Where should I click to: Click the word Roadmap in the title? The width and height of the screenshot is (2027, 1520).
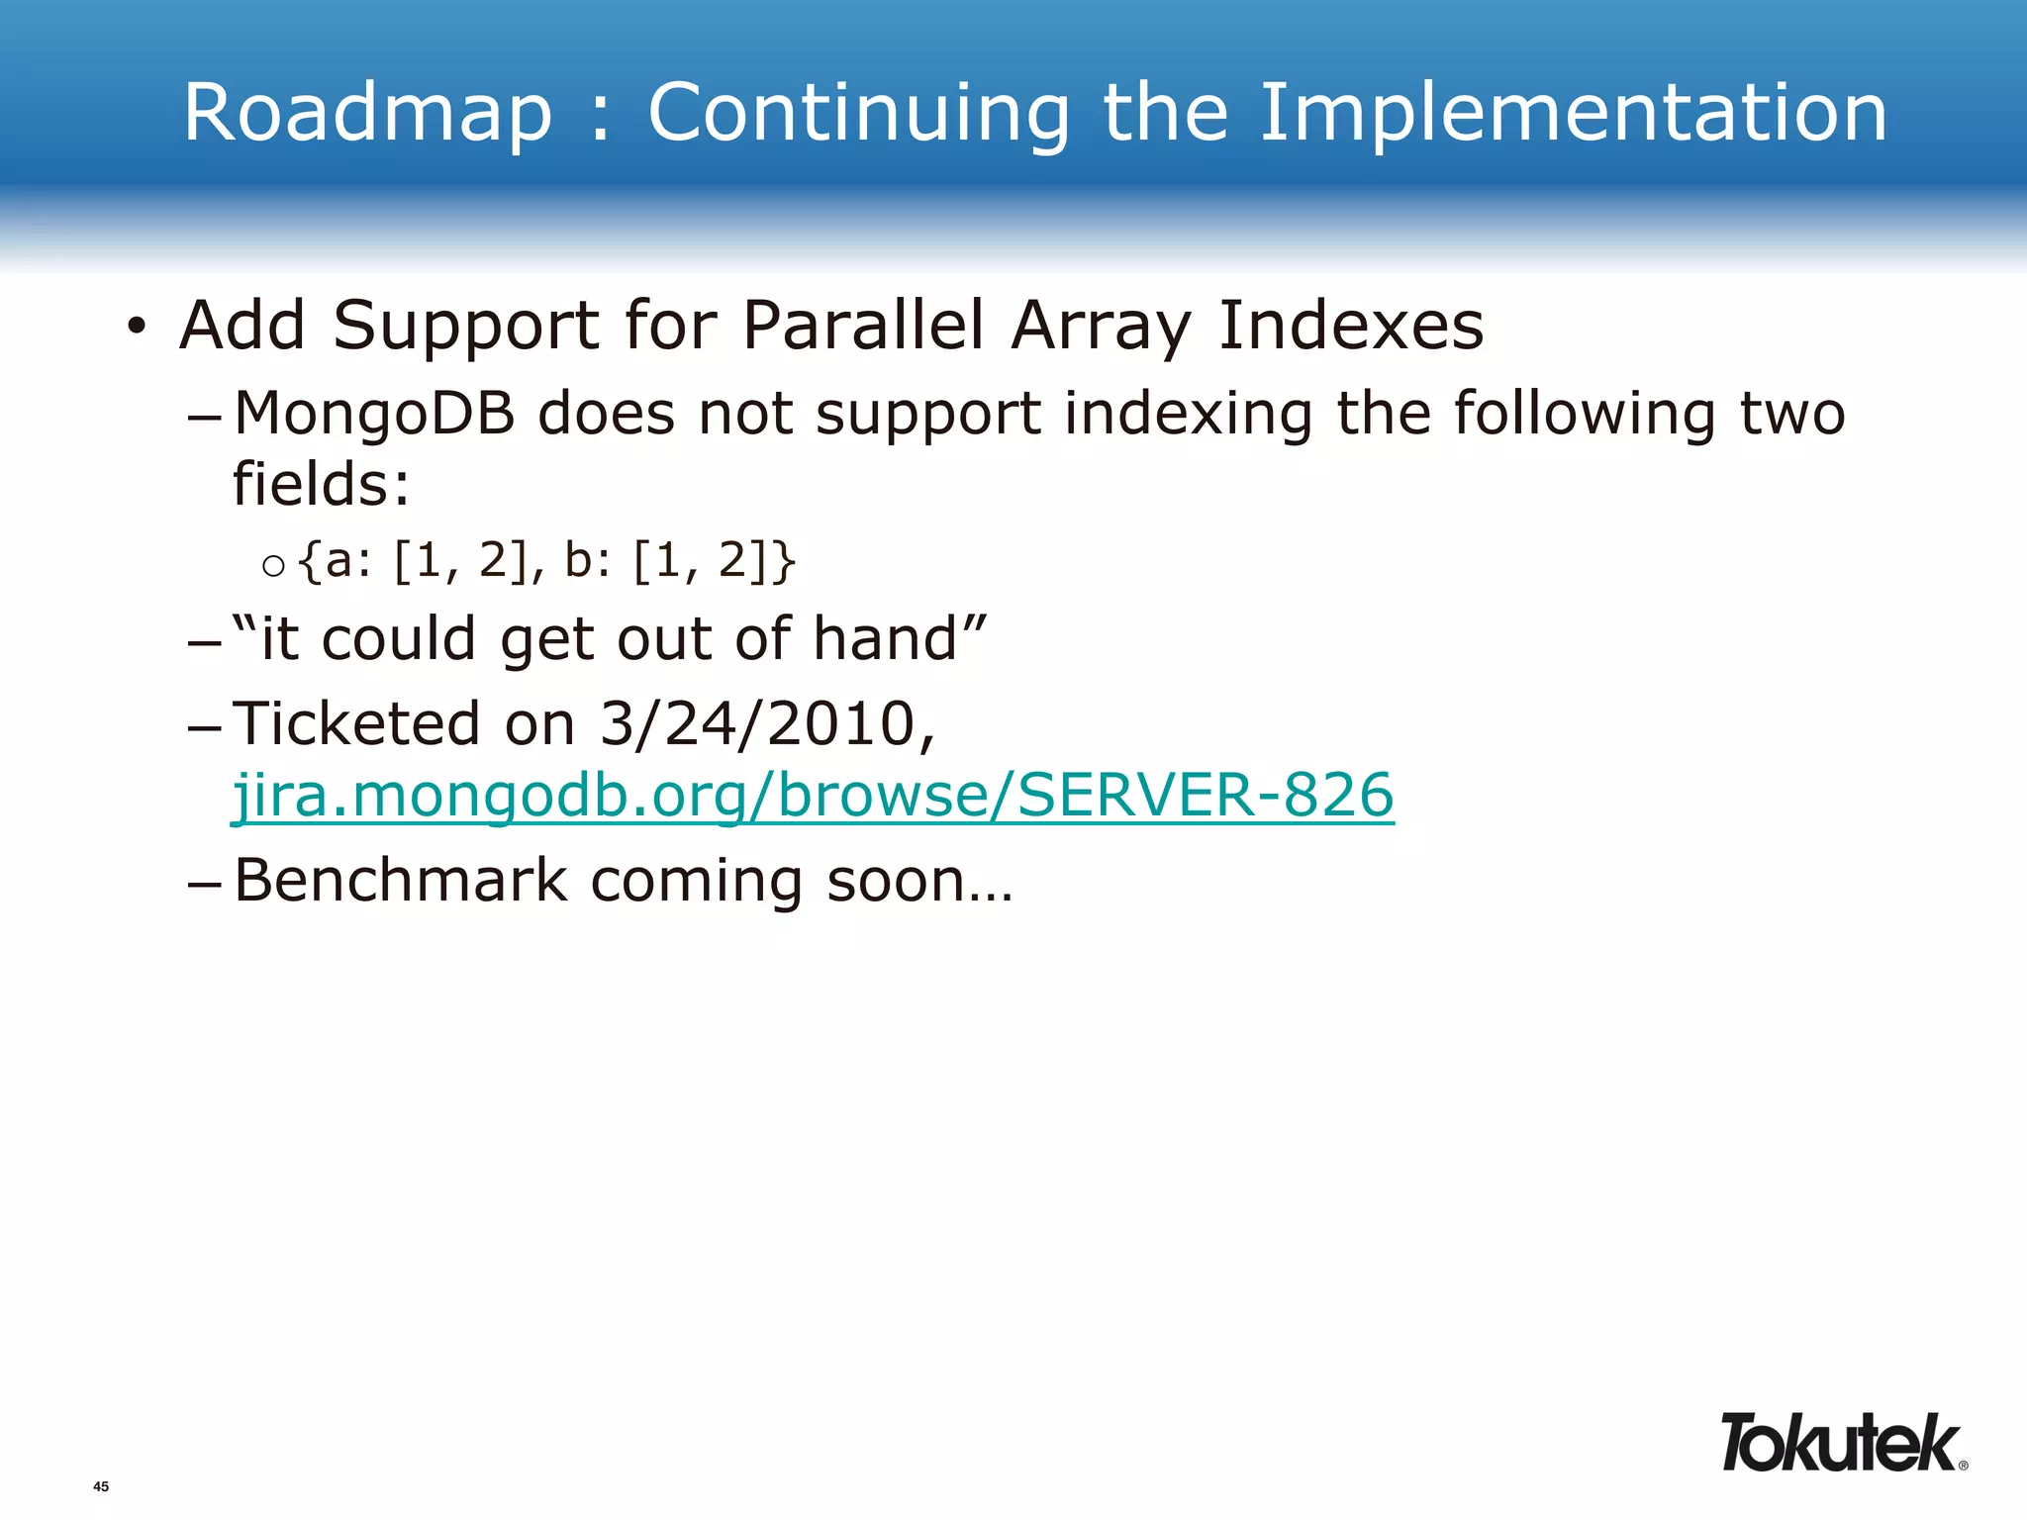367,114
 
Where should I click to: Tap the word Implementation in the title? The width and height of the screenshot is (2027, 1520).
1573,114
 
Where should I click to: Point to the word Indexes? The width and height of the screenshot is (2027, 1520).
1350,326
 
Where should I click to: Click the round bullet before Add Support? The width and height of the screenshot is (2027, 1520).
137,327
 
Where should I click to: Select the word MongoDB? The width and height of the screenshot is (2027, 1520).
374,414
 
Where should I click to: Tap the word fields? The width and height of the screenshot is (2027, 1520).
321,484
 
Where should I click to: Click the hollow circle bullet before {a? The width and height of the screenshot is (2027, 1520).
274,566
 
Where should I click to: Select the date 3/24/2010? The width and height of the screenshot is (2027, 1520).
767,723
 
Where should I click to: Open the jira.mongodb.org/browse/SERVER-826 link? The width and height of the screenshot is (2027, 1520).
813,796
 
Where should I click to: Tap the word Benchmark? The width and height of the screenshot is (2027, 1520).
401,880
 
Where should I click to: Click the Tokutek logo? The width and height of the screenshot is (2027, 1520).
1839,1444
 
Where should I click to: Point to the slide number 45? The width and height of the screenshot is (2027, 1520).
101,1486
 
